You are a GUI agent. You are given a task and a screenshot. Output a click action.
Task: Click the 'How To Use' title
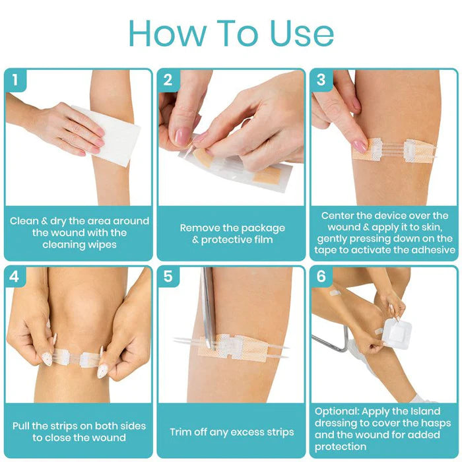coord(231,33)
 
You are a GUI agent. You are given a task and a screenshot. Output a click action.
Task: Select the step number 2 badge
coord(168,81)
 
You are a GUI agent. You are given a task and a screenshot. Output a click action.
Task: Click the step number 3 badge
coord(321,81)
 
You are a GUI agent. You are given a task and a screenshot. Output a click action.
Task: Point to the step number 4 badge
coord(15,277)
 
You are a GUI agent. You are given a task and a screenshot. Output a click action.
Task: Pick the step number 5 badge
coord(168,277)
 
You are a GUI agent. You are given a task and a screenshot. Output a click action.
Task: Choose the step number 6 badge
coord(321,277)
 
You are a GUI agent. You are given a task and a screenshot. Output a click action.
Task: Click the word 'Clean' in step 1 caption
coord(24,221)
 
